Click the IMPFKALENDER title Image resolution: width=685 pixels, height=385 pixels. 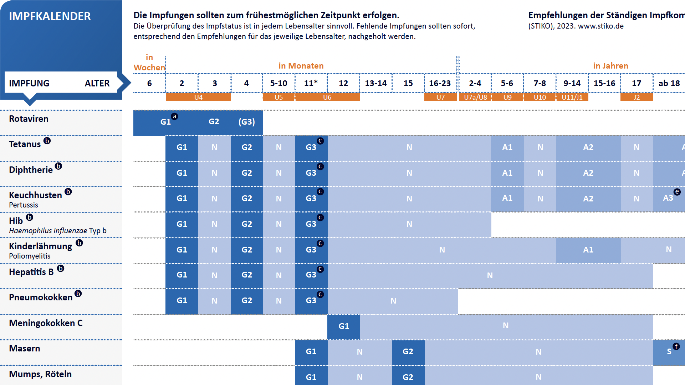point(50,16)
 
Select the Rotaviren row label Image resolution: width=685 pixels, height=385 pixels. point(29,119)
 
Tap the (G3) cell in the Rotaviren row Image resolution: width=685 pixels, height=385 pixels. point(246,122)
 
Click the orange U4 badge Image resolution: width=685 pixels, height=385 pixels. point(198,97)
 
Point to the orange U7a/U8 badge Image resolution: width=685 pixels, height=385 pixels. point(475,97)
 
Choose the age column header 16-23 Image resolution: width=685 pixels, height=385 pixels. point(440,83)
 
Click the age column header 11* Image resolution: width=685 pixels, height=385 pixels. point(311,83)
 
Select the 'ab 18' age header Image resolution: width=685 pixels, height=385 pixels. point(669,83)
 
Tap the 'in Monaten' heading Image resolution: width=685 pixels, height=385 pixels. point(301,66)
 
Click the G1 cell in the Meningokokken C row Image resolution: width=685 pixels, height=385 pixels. point(343,326)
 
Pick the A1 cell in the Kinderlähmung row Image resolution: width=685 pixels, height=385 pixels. point(588,250)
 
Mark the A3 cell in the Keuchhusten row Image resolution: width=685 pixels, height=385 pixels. point(668,198)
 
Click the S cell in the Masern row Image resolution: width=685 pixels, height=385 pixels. point(669,352)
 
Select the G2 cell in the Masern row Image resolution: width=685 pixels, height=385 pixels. point(408,352)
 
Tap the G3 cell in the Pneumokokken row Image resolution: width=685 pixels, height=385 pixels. point(311,301)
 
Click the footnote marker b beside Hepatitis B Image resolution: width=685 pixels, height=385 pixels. point(61,269)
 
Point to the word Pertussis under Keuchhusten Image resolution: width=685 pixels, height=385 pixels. point(24,205)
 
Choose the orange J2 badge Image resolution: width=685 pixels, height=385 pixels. point(637,97)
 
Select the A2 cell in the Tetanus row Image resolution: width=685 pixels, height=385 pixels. point(588,147)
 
